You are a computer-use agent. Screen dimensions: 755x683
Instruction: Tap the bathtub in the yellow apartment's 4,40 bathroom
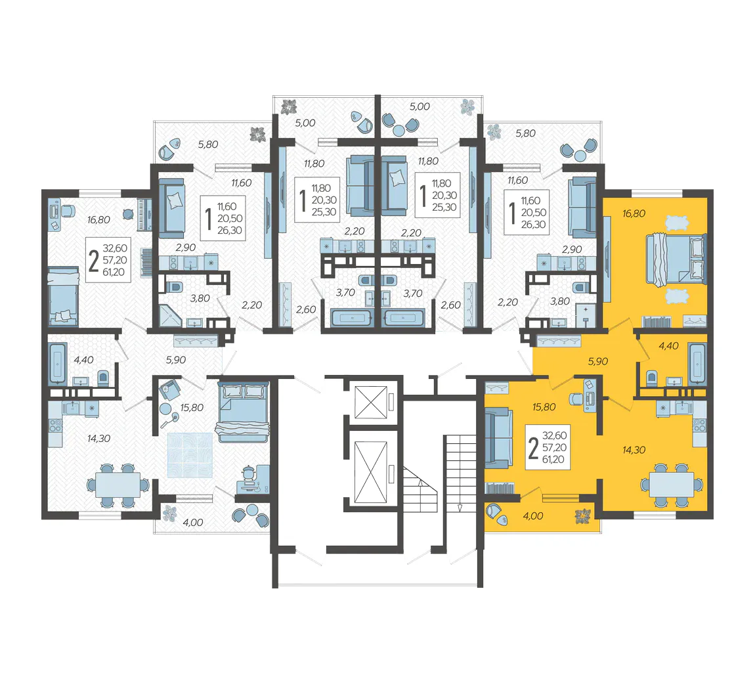pos(697,363)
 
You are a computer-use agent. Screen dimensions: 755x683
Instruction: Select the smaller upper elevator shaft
pos(371,402)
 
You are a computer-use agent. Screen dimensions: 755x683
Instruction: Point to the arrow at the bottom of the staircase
pos(460,507)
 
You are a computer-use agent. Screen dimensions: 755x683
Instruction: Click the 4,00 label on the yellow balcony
pos(533,516)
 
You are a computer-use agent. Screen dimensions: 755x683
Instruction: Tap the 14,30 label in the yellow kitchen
pos(634,450)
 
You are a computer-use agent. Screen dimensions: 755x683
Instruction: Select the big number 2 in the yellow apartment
pos(533,448)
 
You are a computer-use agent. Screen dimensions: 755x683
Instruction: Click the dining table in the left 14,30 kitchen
pos(118,485)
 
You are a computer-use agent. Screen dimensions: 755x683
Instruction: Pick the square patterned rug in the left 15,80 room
pos(190,455)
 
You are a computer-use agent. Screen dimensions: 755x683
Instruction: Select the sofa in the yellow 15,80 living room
pos(498,438)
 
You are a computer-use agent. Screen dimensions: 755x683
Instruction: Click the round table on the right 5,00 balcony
pos(399,130)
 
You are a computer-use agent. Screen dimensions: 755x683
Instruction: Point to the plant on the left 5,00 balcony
pos(289,106)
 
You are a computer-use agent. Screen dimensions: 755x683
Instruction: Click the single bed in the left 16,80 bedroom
pos(63,297)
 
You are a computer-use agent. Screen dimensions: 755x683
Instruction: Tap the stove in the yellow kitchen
pos(699,426)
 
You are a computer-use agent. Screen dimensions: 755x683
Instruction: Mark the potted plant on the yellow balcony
pos(583,516)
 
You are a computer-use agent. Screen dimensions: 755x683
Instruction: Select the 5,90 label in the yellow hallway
pos(598,361)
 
